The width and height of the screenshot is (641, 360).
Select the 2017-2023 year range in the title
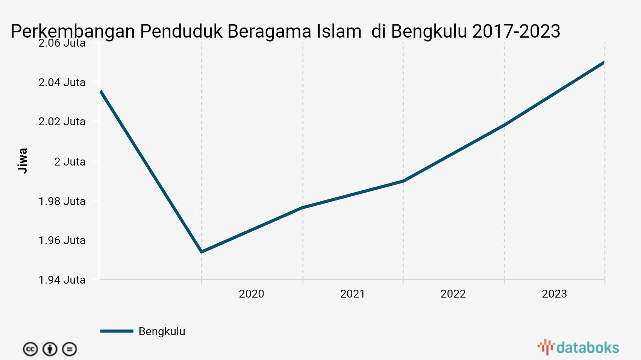(x=516, y=32)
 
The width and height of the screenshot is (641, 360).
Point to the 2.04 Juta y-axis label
(x=62, y=82)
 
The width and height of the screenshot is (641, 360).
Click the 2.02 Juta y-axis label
(x=62, y=122)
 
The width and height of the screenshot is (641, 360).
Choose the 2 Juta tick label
(x=70, y=162)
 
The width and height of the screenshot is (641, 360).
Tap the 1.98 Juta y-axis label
(x=62, y=201)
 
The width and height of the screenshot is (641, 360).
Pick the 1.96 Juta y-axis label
(x=62, y=240)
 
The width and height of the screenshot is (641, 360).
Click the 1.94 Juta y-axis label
(x=62, y=280)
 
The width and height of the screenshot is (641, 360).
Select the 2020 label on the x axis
(x=252, y=294)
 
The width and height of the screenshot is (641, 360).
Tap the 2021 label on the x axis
(x=353, y=294)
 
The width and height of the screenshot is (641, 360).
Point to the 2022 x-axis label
(x=453, y=294)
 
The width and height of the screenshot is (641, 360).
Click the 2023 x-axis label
(x=554, y=294)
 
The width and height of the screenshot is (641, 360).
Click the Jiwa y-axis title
(x=23, y=161)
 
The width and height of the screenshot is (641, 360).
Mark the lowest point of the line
(x=202, y=252)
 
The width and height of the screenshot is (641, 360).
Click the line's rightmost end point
(x=604, y=62)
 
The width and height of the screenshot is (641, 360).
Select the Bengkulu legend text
(x=162, y=331)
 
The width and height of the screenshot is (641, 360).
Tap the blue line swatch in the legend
(x=117, y=331)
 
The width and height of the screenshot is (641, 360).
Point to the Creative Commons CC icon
(x=30, y=349)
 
